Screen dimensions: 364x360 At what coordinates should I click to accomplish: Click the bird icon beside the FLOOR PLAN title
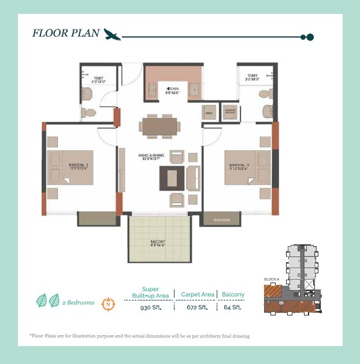(112, 35)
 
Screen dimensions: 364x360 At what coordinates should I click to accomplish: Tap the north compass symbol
(107, 303)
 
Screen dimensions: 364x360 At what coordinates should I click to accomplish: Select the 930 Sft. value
(150, 307)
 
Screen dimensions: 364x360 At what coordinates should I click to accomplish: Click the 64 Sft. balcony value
(232, 307)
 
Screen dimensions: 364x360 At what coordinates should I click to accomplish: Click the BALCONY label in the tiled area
(159, 243)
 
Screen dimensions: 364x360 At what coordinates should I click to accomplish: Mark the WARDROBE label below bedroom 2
(221, 220)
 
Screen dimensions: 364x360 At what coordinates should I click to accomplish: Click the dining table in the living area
(159, 126)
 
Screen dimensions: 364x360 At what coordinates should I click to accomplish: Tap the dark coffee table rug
(172, 178)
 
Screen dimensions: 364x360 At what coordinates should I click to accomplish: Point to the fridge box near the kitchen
(209, 112)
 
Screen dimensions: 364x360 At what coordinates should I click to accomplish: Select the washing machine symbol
(231, 112)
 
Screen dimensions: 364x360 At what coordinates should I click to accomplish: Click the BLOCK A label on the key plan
(271, 280)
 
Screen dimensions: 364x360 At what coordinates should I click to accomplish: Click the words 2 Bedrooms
(78, 303)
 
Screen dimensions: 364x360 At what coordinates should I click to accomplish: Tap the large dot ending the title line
(310, 37)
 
